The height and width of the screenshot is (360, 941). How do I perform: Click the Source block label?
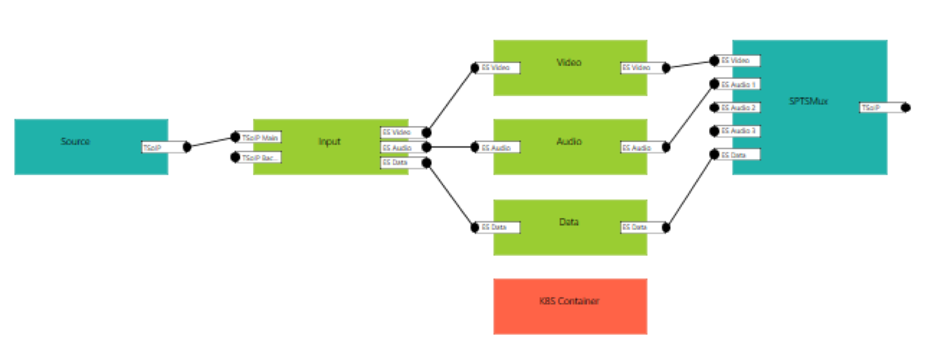(75, 141)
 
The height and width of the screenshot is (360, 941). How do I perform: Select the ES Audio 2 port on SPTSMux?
(739, 108)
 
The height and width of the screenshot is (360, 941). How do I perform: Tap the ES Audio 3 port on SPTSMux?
(739, 131)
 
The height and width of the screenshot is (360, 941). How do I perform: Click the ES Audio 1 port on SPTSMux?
(739, 84)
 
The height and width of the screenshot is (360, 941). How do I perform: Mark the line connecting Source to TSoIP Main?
(210, 142)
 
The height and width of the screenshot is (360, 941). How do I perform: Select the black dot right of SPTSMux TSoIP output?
(905, 108)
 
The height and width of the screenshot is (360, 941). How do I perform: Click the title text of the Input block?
(329, 142)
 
